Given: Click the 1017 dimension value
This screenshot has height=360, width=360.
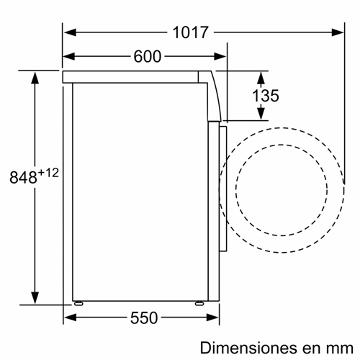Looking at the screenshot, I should [190, 32].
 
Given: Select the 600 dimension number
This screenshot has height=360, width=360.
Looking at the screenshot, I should [147, 57].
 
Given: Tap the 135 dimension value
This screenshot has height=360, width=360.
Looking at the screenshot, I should [265, 96].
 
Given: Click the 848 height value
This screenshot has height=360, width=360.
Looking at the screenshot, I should [22, 178].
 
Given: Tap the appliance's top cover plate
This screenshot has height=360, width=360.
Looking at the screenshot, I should [133, 76].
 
